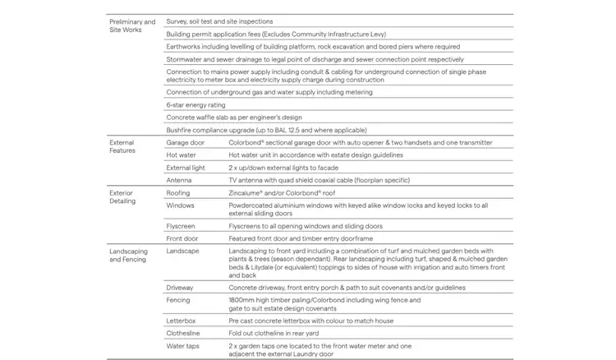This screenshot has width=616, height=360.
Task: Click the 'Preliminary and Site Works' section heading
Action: point(131,25)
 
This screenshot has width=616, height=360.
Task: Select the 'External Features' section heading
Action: point(122,146)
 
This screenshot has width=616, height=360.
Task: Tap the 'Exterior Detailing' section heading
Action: point(122,196)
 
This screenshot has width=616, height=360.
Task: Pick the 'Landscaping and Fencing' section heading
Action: point(129,255)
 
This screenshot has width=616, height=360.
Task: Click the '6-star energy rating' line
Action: point(195,105)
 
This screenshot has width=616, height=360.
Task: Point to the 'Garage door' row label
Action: point(185,142)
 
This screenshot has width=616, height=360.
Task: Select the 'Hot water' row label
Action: point(181,155)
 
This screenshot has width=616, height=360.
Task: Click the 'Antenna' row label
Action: point(179,180)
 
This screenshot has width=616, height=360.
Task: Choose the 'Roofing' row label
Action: point(179,192)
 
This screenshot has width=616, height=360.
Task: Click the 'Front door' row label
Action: point(183,238)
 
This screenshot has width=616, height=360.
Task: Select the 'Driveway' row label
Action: point(181,288)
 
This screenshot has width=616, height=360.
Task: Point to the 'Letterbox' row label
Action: point(182,320)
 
